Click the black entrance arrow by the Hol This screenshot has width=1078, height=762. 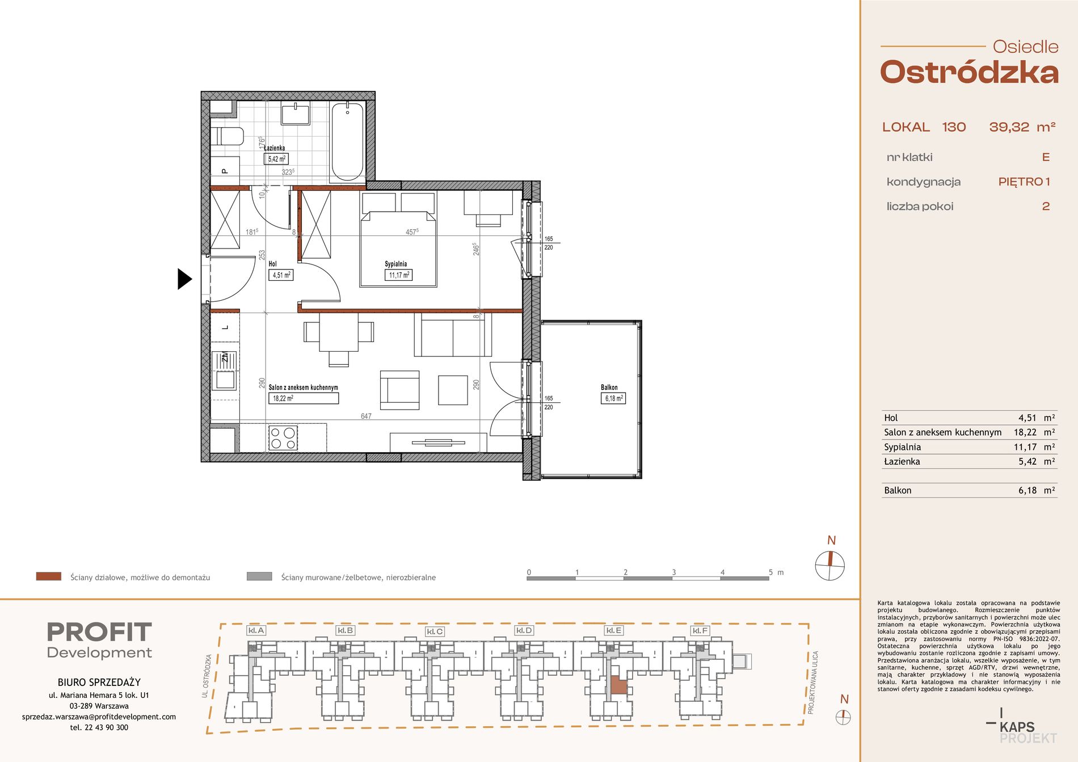click(x=184, y=279)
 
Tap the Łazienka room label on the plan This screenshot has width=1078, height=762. click(x=275, y=148)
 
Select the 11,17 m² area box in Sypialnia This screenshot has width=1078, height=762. click(x=399, y=275)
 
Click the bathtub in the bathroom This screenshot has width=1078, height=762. click(x=347, y=141)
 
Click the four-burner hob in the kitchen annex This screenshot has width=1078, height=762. click(x=283, y=438)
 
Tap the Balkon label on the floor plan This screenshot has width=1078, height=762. click(x=609, y=388)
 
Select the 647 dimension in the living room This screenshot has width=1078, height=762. click(x=366, y=416)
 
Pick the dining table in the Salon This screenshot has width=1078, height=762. click(x=339, y=332)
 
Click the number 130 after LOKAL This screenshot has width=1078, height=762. click(x=954, y=127)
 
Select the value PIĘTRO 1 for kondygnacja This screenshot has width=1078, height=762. click(x=1024, y=182)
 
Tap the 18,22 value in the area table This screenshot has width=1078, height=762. click(x=1025, y=432)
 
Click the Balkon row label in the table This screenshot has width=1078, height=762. click(x=898, y=490)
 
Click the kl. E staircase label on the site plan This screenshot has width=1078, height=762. click(x=614, y=630)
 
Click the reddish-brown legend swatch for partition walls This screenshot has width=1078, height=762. click(x=48, y=576)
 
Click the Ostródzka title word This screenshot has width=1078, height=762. click(x=969, y=73)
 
